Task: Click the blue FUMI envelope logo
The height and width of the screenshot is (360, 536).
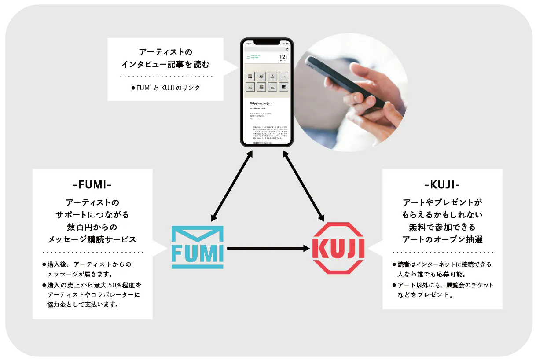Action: tap(197, 247)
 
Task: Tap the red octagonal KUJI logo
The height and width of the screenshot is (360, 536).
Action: tap(338, 248)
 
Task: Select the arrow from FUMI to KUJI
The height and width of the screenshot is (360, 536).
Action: tap(268, 249)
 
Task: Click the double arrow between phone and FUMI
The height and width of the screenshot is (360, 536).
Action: tap(231, 185)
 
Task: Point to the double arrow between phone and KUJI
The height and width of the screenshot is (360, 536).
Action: tap(304, 185)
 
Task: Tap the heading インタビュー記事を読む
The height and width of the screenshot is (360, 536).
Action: tap(165, 65)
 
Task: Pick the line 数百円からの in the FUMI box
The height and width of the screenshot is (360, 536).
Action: tap(92, 228)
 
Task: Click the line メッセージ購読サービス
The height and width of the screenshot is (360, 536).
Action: tap(92, 240)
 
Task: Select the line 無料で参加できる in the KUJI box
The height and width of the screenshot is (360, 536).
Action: tap(442, 228)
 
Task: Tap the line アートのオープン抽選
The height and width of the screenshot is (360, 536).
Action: tap(442, 240)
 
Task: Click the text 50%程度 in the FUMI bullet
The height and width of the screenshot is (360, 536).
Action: tap(125, 285)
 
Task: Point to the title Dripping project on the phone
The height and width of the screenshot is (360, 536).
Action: tap(261, 103)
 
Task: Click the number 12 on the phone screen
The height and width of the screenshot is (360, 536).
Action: tap(282, 57)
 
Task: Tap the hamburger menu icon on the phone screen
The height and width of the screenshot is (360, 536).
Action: tap(248, 57)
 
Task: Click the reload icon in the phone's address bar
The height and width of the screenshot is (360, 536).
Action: tap(287, 50)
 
